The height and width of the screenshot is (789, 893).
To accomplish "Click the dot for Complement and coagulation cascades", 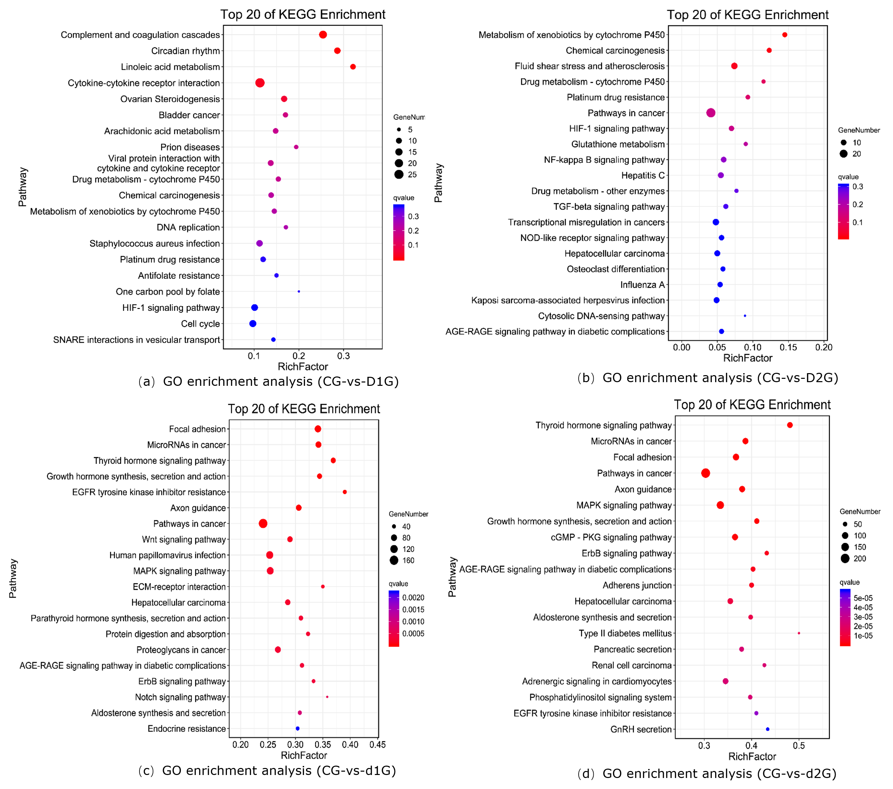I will coord(323,34).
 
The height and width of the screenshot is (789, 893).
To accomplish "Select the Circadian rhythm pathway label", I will coord(185,51).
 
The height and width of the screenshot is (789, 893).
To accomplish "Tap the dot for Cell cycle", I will coord(253,324).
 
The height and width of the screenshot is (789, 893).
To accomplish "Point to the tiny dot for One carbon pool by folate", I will coord(299,291).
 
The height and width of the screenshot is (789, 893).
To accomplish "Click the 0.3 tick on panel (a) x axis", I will coord(344,356).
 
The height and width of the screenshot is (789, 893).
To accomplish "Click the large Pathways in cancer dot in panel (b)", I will coord(711,113).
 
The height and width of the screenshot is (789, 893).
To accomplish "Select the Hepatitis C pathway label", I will coord(643,176).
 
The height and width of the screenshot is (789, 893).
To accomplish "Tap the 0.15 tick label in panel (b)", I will coord(788,347).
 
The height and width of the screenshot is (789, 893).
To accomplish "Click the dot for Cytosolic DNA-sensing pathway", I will coord(745,316).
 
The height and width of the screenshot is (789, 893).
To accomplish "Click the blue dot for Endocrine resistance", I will coord(298,729).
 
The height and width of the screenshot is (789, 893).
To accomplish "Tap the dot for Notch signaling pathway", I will coord(327,697).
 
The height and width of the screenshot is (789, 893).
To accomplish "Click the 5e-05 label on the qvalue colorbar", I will coord(863,598).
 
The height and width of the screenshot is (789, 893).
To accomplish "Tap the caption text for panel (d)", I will coord(706,774).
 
